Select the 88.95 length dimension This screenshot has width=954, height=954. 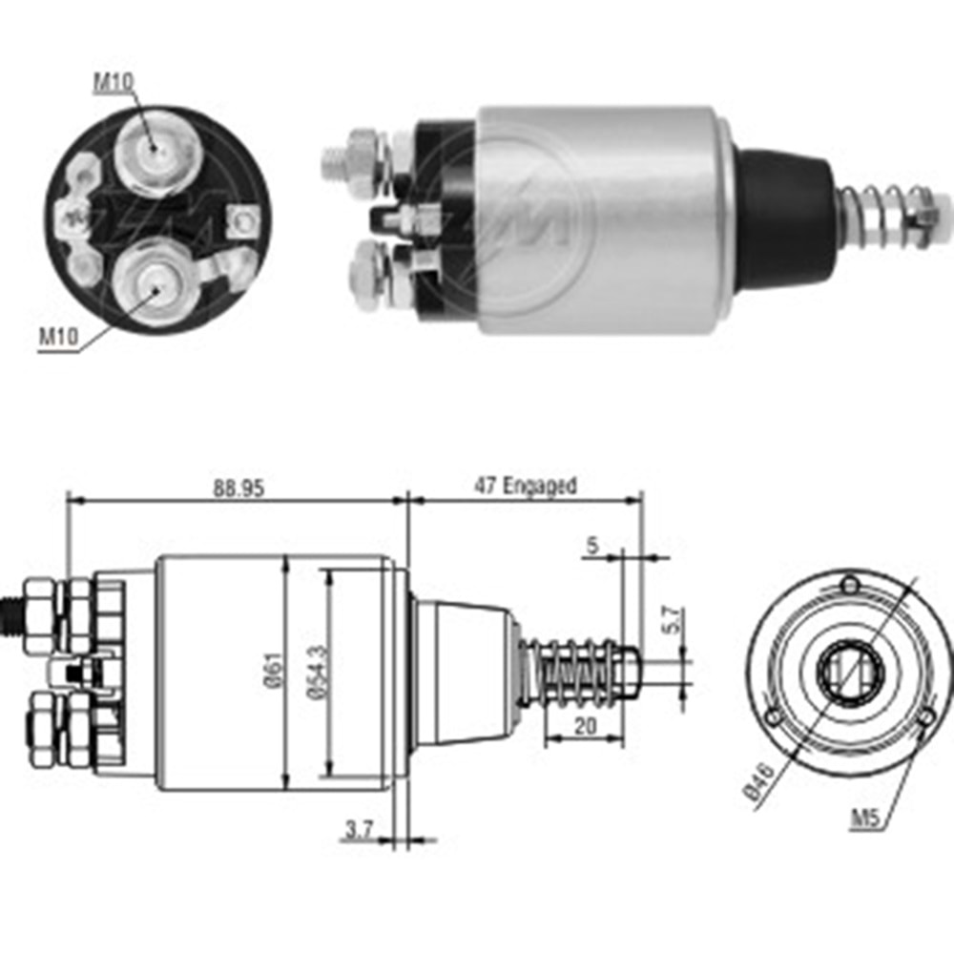(238, 487)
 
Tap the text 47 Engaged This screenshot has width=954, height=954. (526, 486)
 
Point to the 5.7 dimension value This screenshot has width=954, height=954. (671, 621)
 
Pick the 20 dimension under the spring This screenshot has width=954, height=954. (585, 726)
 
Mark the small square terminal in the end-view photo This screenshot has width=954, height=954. (244, 222)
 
